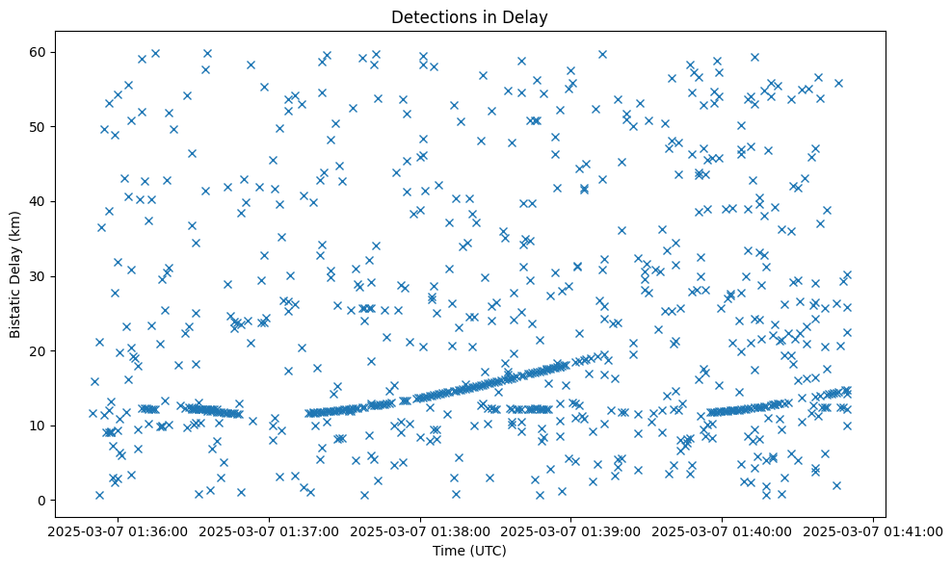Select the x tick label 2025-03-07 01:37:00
(270, 530)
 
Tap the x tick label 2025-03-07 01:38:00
(421, 530)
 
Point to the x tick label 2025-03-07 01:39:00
(571, 530)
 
